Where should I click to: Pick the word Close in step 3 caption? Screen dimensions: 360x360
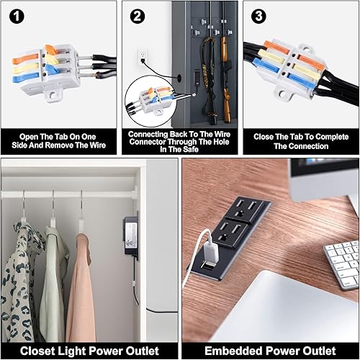(x=269, y=134)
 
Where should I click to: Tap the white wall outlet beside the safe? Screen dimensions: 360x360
(x=143, y=55)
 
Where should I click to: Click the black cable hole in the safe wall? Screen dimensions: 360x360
(x=177, y=74)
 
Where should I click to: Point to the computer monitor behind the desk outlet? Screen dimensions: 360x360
(x=324, y=187)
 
